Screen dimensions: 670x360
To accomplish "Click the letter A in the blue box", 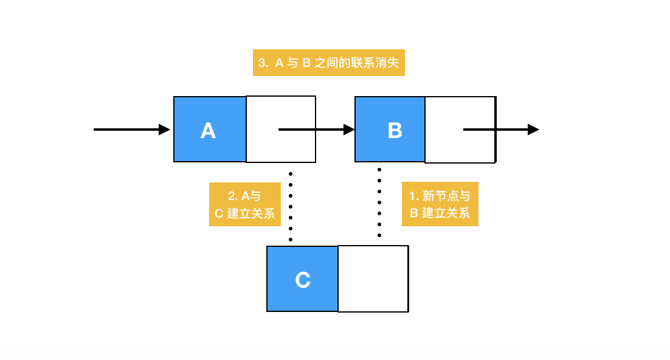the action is [208, 130].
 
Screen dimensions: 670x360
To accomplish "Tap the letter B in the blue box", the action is [395, 130].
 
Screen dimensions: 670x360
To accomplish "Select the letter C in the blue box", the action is [303, 280].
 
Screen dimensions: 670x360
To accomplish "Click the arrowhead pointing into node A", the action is [165, 129].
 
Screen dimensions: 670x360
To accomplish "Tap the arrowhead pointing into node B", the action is [349, 129].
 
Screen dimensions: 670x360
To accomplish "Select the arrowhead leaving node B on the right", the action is [533, 129].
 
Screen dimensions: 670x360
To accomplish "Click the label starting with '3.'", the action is [328, 63].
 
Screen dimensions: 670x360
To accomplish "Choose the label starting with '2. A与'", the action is [245, 204].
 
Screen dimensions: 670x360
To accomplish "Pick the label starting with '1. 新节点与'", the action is [440, 204].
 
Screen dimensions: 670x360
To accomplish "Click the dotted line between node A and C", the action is [291, 207].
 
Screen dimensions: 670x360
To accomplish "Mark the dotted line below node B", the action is [379, 202].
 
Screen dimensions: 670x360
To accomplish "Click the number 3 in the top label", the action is [261, 63].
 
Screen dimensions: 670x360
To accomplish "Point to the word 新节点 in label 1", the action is [441, 196].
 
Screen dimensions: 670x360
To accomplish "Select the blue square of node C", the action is [302, 279].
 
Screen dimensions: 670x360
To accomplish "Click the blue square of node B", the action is [390, 129].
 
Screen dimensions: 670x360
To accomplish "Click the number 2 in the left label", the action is [231, 196].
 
